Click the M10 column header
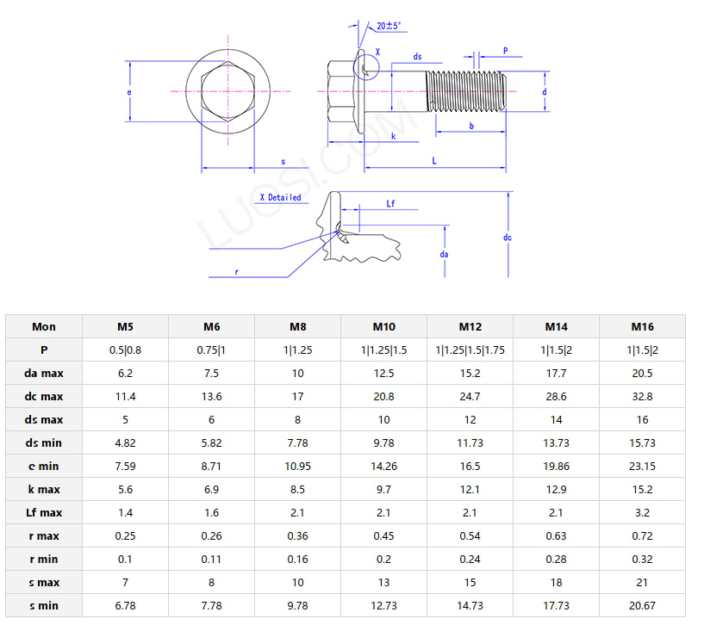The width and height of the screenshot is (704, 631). tap(383, 326)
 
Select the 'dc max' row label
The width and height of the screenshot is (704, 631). tap(44, 396)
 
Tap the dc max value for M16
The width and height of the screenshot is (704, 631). tap(642, 396)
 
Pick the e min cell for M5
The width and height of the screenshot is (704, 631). tap(125, 466)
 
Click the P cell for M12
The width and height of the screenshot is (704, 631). tap(470, 350)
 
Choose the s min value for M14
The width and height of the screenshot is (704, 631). tap(556, 605)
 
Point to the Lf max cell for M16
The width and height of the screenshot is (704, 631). tap(642, 512)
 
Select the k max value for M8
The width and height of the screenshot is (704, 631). tap(297, 489)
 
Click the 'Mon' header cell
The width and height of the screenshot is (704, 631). tap(44, 326)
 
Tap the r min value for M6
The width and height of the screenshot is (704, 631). tap(211, 559)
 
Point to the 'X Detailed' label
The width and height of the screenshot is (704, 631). tap(281, 197)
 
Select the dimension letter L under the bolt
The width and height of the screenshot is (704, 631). tap(433, 160)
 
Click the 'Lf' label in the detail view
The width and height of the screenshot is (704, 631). tap(390, 204)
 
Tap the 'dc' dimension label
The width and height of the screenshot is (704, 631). tap(508, 237)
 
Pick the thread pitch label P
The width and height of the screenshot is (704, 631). tap(505, 51)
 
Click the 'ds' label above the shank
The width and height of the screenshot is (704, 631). tap(417, 57)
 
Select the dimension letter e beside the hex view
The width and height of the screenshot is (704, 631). tap(129, 91)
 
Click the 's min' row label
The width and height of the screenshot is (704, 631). tap(44, 605)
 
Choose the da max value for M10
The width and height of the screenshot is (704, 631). tap(383, 373)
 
